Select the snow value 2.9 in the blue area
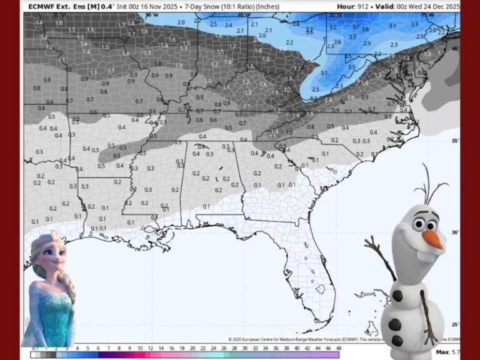coord(367,43)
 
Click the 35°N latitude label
coord(456,141)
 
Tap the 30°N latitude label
coord(456,232)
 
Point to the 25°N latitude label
coord(456,324)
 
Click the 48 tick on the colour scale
coord(337,347)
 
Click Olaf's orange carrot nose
coord(432,239)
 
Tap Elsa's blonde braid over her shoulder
coord(68,291)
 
